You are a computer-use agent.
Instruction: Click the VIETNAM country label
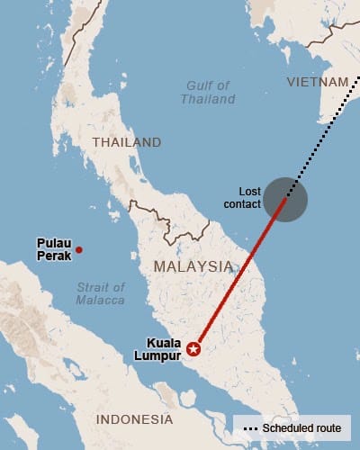317,82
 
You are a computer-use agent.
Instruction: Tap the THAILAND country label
127,142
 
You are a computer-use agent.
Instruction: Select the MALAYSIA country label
193,266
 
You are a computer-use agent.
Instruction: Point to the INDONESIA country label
134,419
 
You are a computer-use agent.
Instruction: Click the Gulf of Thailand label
208,93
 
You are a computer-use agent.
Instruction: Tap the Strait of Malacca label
101,293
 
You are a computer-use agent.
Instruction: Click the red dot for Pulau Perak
78,250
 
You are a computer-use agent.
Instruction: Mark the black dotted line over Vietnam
328,131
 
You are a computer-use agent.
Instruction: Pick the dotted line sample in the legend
249,428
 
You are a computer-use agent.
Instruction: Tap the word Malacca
101,300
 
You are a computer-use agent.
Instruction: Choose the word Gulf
196,85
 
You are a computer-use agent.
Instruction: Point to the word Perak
52,256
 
